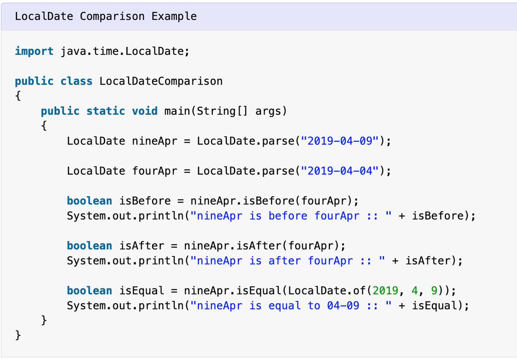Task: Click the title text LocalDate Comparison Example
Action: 106,16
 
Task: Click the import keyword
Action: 34,51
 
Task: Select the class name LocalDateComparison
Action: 161,81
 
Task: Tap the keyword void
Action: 145,111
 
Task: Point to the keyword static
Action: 106,111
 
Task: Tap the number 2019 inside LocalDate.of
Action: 386,291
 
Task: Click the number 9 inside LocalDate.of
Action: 434,291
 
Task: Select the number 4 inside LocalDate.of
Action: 415,291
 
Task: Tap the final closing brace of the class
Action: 18,335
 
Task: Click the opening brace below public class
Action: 18,96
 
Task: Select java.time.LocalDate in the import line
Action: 122,51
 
